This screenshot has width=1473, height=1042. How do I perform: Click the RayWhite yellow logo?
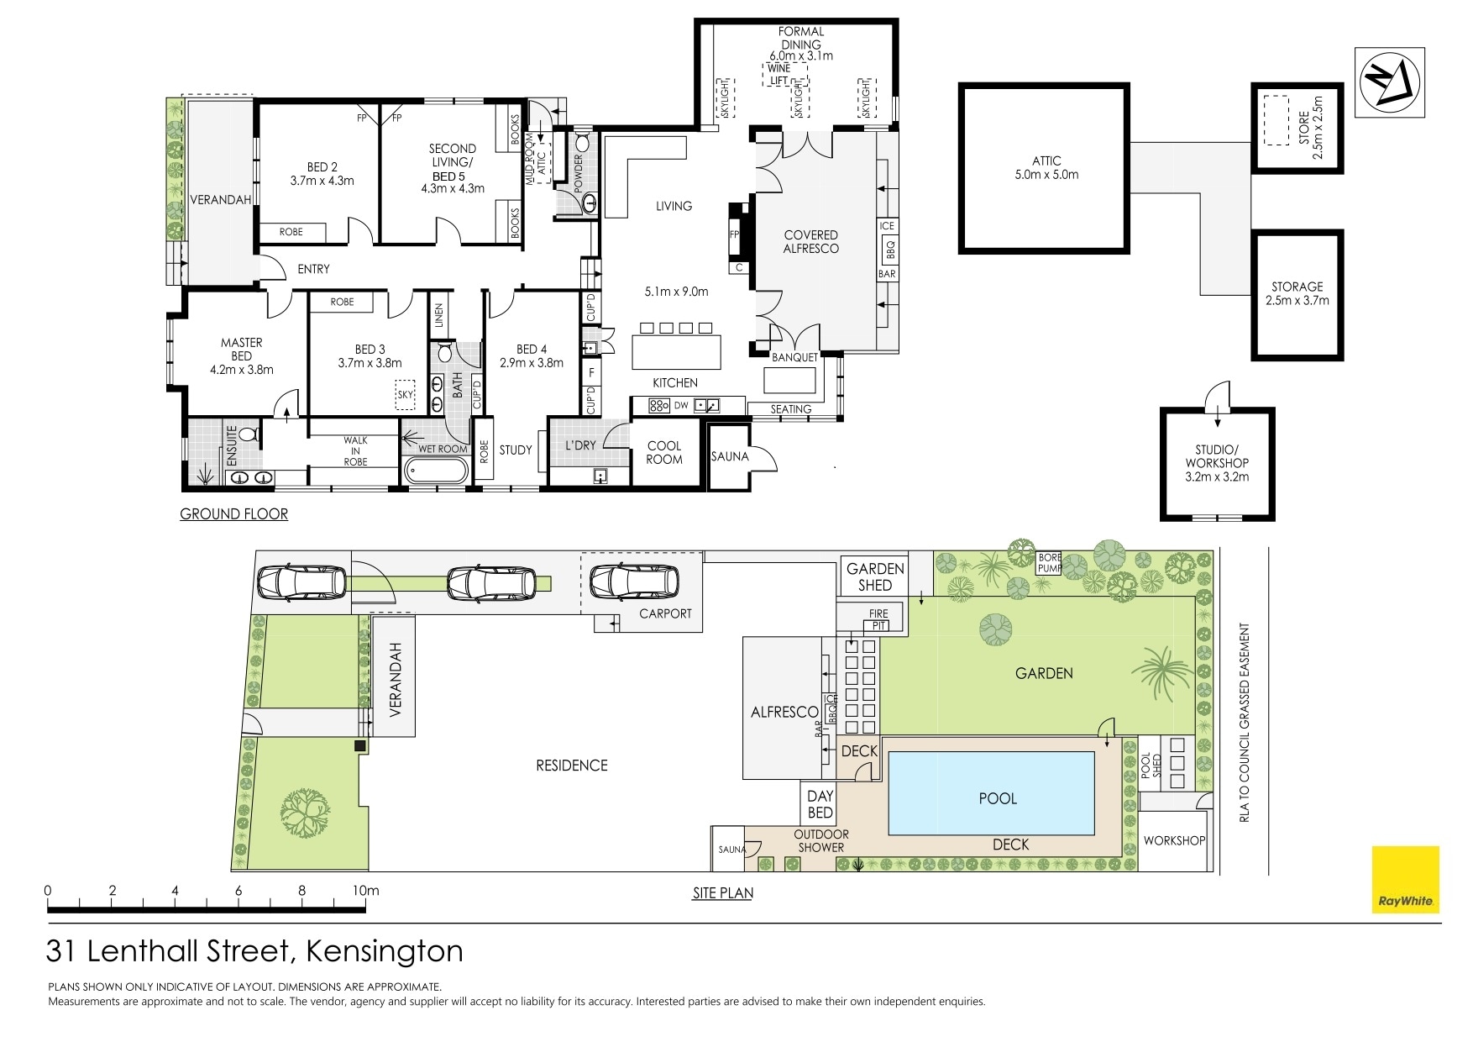[1405, 879]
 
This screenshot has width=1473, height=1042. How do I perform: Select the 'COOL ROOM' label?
[664, 452]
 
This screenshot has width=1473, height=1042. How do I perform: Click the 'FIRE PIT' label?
[878, 620]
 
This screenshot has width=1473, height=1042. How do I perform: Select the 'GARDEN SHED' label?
[875, 576]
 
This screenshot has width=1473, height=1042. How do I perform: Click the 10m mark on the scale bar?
[365, 891]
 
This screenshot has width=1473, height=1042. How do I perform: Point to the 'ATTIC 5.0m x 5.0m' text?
[1046, 167]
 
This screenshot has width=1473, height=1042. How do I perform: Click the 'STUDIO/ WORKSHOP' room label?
[1217, 463]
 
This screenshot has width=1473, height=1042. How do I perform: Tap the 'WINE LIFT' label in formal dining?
[780, 75]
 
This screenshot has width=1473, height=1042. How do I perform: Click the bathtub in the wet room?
[435, 471]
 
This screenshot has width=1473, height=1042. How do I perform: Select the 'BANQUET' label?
[794, 357]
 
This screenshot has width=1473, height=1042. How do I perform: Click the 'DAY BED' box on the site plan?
[820, 803]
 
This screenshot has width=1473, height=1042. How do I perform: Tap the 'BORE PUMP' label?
[1050, 562]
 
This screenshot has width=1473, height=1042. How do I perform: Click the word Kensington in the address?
[385, 951]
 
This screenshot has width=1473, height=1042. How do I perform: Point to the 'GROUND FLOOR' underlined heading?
[233, 513]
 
